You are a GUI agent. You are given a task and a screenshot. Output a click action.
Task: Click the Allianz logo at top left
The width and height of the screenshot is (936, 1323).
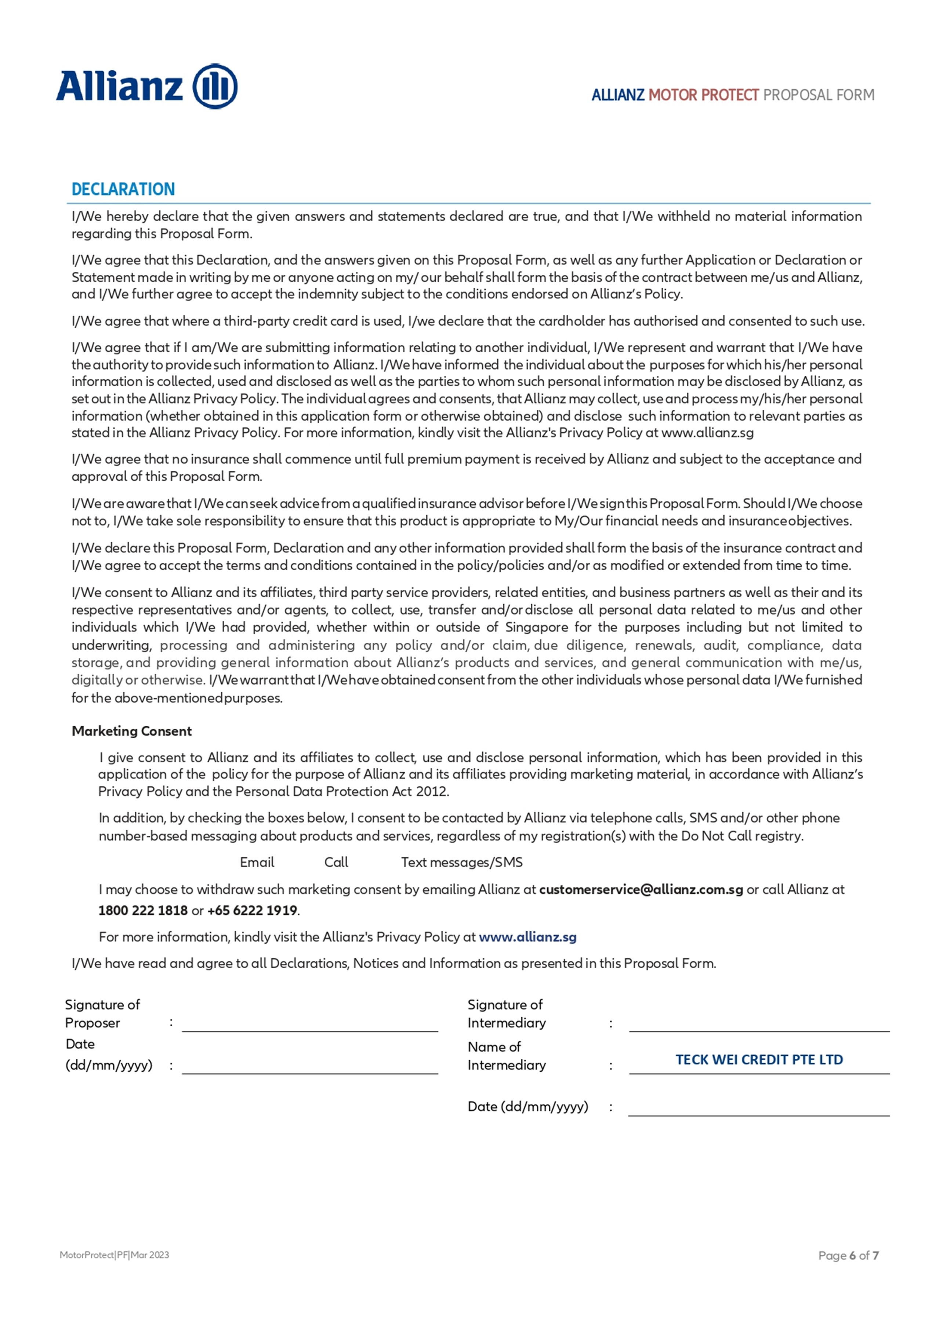point(146,87)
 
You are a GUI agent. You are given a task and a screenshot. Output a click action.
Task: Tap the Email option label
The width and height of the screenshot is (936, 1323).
point(257,862)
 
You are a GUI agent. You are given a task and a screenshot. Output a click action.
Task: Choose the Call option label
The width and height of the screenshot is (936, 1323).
point(336,862)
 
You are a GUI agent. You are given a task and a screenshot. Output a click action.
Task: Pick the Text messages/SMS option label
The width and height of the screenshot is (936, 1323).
point(462,862)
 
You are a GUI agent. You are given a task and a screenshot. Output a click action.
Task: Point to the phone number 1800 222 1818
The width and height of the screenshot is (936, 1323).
point(143,910)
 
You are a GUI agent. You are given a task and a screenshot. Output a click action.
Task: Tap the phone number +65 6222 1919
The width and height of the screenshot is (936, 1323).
point(252,910)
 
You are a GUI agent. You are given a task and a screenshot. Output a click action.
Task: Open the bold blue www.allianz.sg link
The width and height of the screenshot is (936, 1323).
point(527,937)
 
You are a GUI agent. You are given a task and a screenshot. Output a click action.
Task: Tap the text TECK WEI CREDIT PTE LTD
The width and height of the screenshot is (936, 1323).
point(759,1060)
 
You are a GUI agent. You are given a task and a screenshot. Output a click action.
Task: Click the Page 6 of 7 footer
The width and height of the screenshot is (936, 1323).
point(848,1255)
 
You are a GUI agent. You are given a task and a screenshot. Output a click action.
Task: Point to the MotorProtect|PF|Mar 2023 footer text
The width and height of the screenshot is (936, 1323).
point(114,1255)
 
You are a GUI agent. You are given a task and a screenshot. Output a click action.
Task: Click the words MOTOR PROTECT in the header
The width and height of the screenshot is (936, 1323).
point(704,95)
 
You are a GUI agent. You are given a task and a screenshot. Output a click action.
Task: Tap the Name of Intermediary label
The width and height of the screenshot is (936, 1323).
point(507,1056)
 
